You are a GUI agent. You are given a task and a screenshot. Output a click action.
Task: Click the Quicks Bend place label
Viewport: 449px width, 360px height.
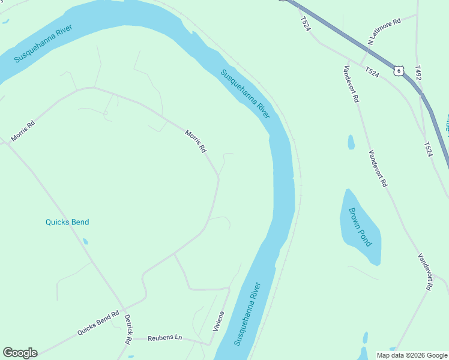click(67, 222)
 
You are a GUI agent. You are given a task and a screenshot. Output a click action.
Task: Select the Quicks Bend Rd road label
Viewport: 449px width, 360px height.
click(98, 323)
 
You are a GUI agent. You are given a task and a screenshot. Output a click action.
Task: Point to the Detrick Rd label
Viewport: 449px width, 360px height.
click(128, 331)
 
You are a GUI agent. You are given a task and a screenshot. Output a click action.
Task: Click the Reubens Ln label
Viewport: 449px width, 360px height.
click(165, 338)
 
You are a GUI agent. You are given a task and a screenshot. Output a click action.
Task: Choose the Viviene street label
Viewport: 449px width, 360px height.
click(218, 322)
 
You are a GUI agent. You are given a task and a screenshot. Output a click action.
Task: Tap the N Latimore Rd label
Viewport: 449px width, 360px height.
click(384, 32)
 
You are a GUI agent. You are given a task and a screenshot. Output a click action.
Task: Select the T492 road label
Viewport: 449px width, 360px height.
click(418, 73)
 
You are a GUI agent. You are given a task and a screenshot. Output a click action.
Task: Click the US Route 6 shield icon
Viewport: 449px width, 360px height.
click(399, 71)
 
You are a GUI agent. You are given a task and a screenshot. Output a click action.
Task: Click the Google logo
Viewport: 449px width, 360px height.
click(20, 352)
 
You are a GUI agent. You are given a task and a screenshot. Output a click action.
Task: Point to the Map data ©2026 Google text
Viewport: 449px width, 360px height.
click(412, 355)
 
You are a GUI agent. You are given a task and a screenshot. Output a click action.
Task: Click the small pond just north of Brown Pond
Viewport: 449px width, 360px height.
click(351, 142)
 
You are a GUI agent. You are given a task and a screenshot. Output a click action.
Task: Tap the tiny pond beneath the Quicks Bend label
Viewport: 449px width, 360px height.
click(85, 241)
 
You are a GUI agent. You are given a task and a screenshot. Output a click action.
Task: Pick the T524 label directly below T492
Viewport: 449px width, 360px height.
click(428, 149)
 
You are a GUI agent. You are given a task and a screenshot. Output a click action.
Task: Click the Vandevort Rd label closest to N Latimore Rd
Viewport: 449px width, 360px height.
click(352, 83)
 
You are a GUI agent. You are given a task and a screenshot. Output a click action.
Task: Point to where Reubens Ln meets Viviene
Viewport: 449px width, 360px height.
click(208, 344)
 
